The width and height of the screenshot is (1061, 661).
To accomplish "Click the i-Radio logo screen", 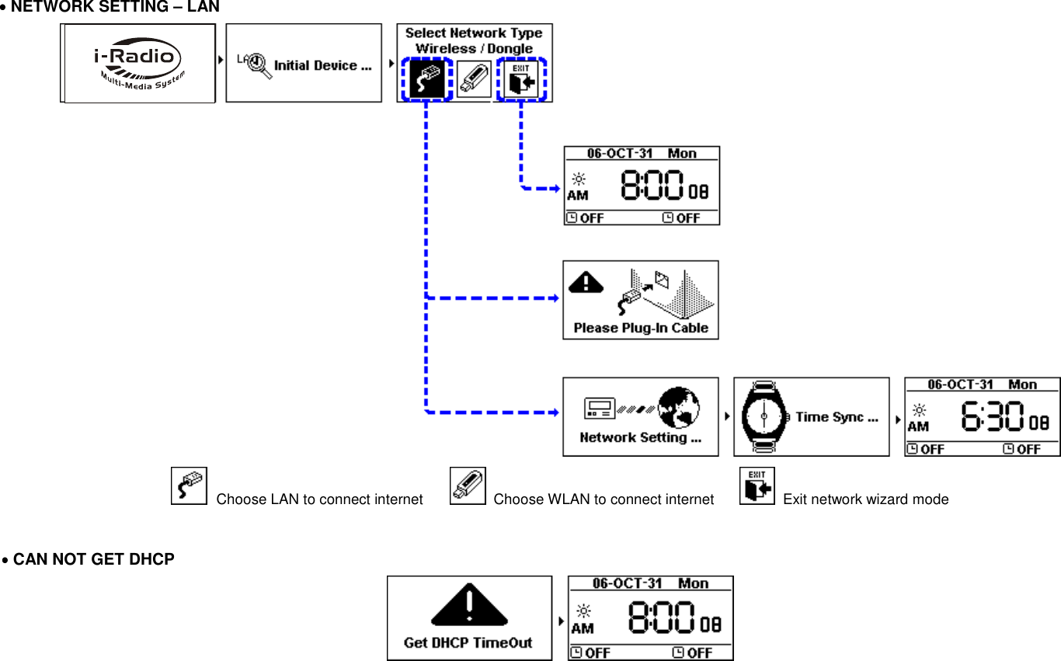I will [x=137, y=63].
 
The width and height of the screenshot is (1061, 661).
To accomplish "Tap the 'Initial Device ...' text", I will [x=322, y=66].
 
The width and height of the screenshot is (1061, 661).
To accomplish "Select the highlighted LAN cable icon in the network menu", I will [x=426, y=78].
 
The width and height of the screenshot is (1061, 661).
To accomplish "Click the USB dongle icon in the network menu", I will [x=473, y=78].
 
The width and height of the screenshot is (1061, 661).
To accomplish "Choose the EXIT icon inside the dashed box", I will [x=521, y=78].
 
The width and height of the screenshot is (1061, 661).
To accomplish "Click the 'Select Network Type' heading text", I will [x=474, y=33].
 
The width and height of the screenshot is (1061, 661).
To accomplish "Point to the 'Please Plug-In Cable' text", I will [x=641, y=328].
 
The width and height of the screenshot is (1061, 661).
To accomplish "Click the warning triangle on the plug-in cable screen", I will [x=586, y=282].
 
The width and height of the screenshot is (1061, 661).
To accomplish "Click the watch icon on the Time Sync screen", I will [x=764, y=417].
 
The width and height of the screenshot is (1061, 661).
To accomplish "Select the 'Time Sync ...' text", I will [x=837, y=417].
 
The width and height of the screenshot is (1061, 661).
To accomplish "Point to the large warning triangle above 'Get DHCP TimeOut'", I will [x=469, y=606].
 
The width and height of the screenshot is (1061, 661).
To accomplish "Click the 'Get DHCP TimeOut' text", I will [x=468, y=643].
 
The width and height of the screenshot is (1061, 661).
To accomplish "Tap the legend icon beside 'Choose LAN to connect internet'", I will [x=189, y=486].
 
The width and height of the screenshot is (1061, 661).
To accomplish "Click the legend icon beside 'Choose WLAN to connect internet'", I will [x=468, y=486].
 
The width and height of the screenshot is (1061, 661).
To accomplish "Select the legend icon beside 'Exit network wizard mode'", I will [x=757, y=486].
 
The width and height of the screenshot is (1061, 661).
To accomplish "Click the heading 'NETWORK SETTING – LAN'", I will [x=115, y=8].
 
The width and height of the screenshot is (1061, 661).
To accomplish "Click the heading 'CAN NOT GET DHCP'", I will [x=93, y=559].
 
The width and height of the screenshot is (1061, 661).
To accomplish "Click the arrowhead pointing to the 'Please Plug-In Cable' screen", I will [x=555, y=297].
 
